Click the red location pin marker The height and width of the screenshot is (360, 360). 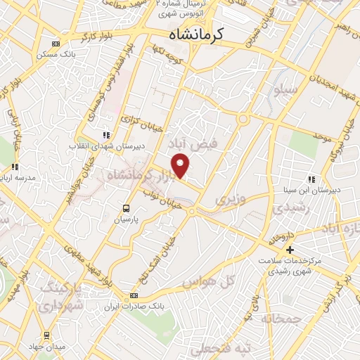click(181, 166)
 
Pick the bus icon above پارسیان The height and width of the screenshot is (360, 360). click(126, 208)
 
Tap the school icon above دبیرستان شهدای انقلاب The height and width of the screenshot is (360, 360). click(106, 135)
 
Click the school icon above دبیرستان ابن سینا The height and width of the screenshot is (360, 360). click(311, 179)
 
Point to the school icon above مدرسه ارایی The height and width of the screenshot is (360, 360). click(15, 167)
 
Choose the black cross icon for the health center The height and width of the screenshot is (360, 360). click(289, 250)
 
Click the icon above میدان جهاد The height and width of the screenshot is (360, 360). click(47, 335)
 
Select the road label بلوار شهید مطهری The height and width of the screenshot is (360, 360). click(94, 258)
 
